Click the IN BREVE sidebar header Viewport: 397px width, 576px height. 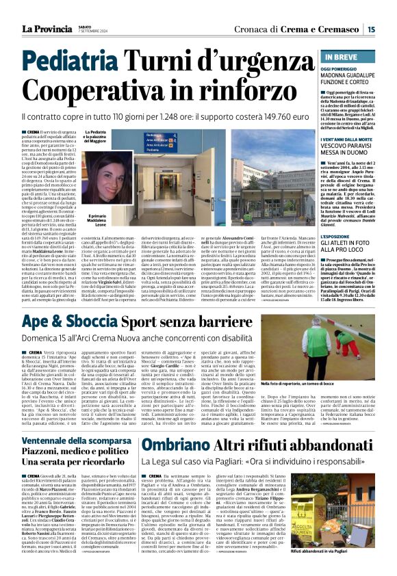[343, 57]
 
